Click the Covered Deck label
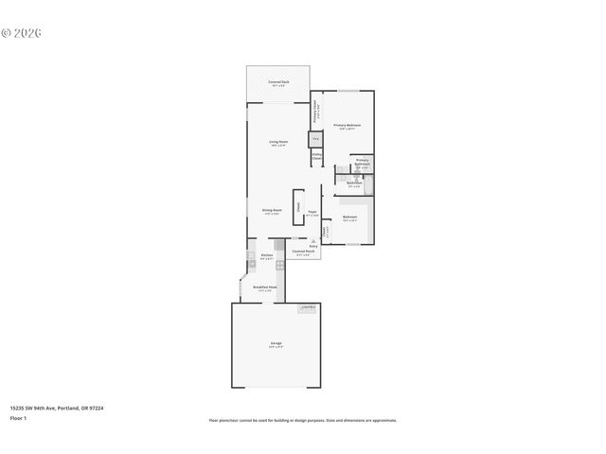click(278, 83)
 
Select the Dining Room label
click(272, 211)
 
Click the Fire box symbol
click(316, 139)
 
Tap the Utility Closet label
click(316, 158)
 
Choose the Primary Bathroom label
click(362, 162)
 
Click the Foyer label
click(312, 214)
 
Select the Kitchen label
click(267, 256)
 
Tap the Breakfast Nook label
click(265, 288)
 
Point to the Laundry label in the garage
click(308, 307)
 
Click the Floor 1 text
click(18, 417)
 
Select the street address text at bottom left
click(56, 409)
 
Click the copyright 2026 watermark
click(22, 33)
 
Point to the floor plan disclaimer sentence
click(302, 420)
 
